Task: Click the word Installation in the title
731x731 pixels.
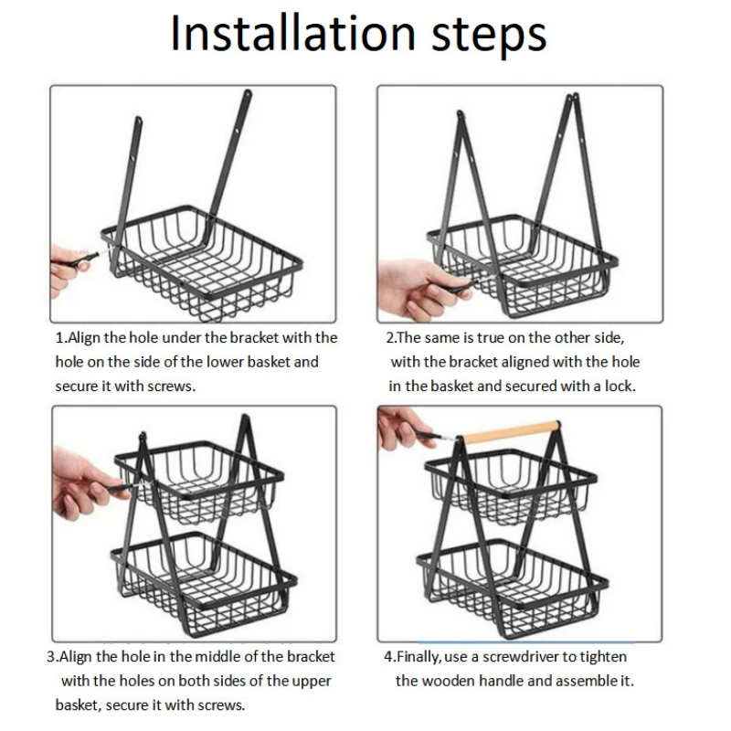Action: point(292,34)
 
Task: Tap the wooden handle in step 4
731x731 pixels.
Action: point(511,431)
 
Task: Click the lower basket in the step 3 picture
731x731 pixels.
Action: point(204,583)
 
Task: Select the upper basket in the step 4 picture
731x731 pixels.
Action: point(511,485)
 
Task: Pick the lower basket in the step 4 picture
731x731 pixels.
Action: point(513,588)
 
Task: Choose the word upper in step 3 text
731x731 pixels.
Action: point(312,682)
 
